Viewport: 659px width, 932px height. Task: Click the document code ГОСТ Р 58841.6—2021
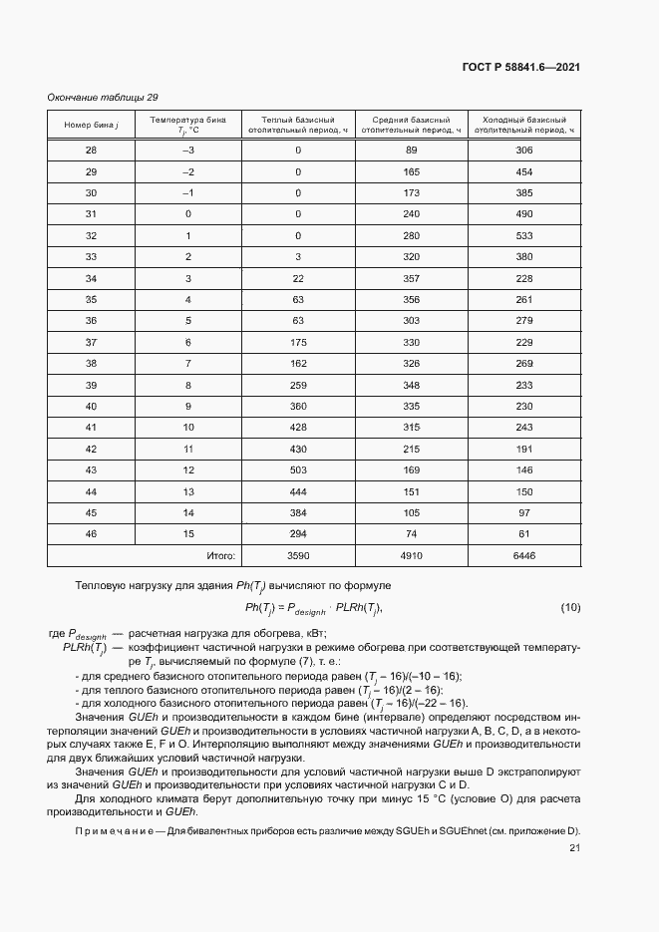[521, 67]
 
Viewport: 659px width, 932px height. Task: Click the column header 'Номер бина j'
[92, 125]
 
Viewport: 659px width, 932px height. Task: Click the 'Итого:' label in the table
[219, 554]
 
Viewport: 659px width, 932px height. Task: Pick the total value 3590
[298, 554]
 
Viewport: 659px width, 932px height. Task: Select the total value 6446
[524, 554]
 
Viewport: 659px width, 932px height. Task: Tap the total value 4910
[411, 554]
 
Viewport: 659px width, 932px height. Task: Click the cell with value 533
[524, 235]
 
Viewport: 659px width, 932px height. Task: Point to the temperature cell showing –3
[187, 151]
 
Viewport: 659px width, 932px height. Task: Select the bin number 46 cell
[92, 533]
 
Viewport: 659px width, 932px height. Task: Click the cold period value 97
[524, 512]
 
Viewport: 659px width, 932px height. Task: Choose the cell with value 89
[411, 151]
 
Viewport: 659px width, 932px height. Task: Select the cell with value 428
[298, 427]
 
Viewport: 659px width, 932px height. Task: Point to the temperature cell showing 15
[187, 533]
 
